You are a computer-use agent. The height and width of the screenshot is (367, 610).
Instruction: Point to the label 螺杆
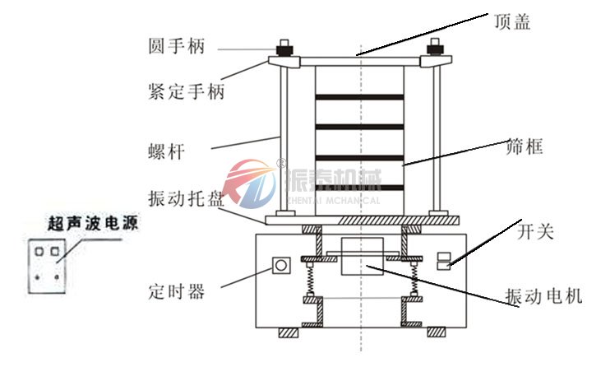pyautogui.click(x=164, y=152)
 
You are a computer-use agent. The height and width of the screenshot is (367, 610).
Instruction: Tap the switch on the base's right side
pyautogui.click(x=442, y=261)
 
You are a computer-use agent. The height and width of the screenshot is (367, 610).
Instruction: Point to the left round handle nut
pyautogui.click(x=285, y=48)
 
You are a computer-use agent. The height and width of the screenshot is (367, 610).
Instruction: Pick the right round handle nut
pyautogui.click(x=433, y=48)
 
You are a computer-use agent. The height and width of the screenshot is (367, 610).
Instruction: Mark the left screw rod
pyautogui.click(x=284, y=140)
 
